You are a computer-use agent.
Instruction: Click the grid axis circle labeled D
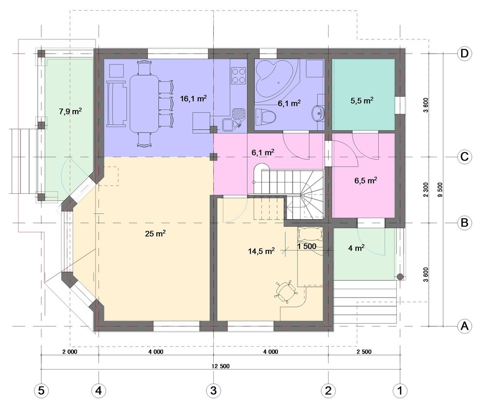[x=464, y=54]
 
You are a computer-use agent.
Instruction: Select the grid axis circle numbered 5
[x=41, y=390]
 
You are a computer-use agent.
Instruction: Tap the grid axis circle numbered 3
[x=213, y=390]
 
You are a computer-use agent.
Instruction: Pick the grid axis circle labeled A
[x=464, y=326]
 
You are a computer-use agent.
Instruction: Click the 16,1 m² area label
[x=193, y=99]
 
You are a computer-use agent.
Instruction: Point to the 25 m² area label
[x=155, y=234]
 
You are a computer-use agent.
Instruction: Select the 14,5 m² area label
[x=261, y=251]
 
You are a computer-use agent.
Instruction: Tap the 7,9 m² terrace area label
[x=70, y=111]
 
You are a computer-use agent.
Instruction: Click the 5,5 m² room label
[x=362, y=101]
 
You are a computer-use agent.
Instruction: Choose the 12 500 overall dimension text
[x=221, y=366]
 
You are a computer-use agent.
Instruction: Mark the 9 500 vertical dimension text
[x=440, y=190]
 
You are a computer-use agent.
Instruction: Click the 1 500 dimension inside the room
[x=307, y=246]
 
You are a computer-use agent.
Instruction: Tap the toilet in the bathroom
[x=266, y=117]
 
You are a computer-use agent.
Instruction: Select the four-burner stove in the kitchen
[x=239, y=75]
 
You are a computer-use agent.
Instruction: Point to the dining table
[x=145, y=103]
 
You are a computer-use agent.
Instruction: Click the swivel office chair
[x=286, y=291]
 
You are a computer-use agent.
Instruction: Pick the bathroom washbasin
[x=318, y=112]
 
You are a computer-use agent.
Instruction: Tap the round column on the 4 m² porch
[x=400, y=277]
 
